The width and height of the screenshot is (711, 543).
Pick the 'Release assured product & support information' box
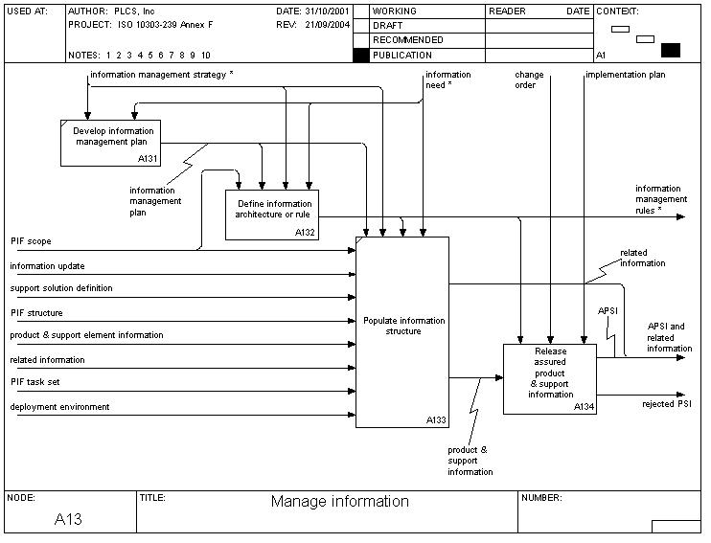point(550,378)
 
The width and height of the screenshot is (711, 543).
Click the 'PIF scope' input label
point(31,241)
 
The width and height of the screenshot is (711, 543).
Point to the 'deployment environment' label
point(59,407)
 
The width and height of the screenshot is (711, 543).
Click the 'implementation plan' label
point(625,74)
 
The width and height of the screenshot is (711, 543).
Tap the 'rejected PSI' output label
point(666,403)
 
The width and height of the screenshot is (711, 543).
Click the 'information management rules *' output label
point(659,199)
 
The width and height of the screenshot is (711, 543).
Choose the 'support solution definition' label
point(61,288)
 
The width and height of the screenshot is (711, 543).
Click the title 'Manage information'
point(339,501)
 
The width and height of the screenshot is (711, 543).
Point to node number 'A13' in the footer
point(68,520)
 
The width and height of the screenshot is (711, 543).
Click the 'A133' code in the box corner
point(436,420)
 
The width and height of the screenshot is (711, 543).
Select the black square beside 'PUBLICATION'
point(360,56)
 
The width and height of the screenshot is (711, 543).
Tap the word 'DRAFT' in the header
point(387,26)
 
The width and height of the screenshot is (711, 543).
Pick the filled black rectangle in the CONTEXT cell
point(670,50)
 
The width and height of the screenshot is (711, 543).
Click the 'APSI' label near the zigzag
point(608,310)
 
